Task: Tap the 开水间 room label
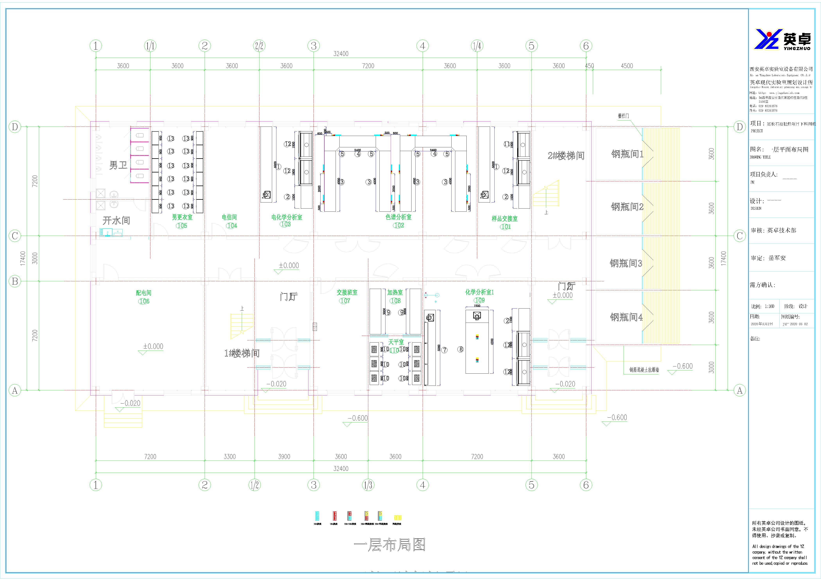116,220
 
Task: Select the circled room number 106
144,301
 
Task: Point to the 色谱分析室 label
398,217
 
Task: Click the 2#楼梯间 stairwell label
566,156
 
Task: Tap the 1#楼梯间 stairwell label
242,353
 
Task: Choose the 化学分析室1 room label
479,292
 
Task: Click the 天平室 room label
396,342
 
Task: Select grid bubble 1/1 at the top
150,46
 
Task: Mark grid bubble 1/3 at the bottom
368,485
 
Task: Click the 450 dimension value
589,66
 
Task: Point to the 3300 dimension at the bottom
229,457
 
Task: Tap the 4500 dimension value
627,66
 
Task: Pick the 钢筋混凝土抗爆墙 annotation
644,370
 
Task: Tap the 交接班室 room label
347,292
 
